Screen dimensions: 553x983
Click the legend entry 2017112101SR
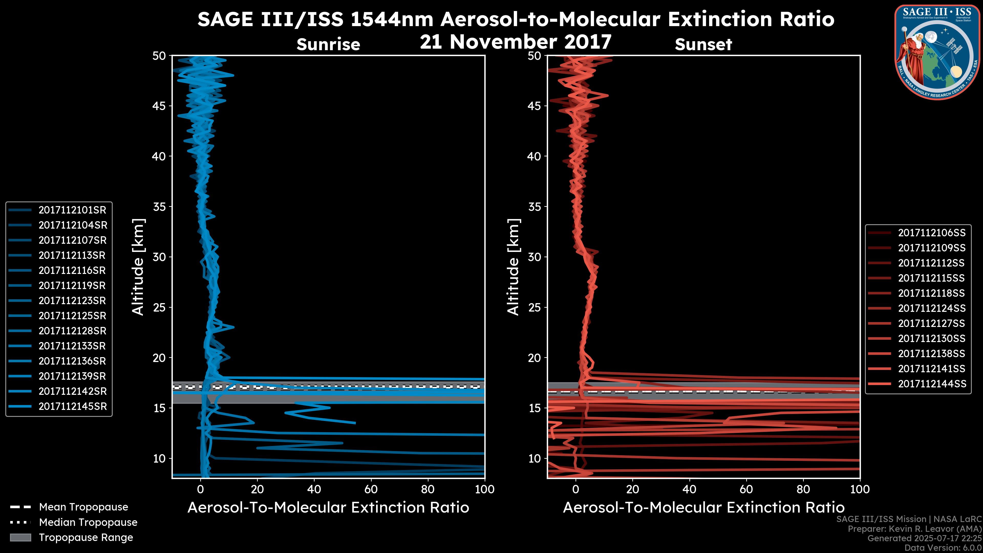[72, 210]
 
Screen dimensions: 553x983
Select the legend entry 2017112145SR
[72, 407]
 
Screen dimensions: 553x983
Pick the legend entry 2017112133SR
[72, 346]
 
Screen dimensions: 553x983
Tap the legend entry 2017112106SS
[932, 233]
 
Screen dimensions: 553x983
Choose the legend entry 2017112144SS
[932, 384]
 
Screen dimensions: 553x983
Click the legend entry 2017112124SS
[932, 308]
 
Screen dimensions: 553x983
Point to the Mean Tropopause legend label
[83, 507]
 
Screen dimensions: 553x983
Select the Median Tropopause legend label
[88, 523]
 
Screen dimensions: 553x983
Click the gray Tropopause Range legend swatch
[20, 538]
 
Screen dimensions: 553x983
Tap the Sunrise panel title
[328, 45]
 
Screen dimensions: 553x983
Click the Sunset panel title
[703, 45]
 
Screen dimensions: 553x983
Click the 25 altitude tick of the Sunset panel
[534, 307]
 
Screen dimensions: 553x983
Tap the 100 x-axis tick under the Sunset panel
[860, 489]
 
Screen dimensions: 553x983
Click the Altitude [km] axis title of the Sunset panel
[513, 267]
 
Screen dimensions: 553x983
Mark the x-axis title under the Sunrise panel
[328, 508]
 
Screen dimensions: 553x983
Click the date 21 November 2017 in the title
[516, 42]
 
